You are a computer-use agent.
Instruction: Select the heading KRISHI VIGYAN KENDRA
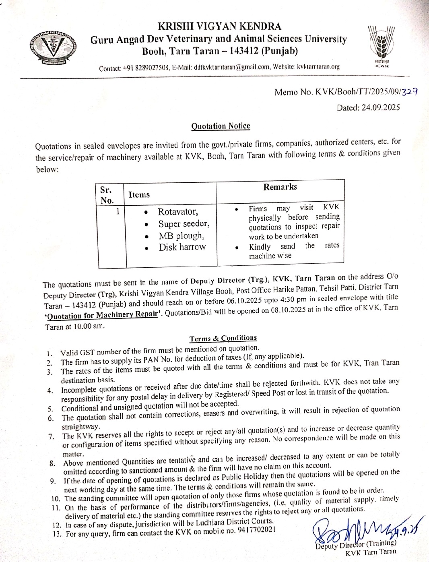coord(219,27)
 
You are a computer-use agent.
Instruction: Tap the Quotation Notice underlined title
coord(221,126)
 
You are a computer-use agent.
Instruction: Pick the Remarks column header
coord(280,187)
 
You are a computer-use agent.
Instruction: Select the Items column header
coord(139,195)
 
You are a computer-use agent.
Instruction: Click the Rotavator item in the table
coord(178,212)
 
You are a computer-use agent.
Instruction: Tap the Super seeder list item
coord(184,224)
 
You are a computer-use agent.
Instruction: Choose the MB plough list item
coord(181,236)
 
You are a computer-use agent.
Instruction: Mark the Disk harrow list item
coord(182,247)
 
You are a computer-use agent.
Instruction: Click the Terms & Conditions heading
coord(223,338)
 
